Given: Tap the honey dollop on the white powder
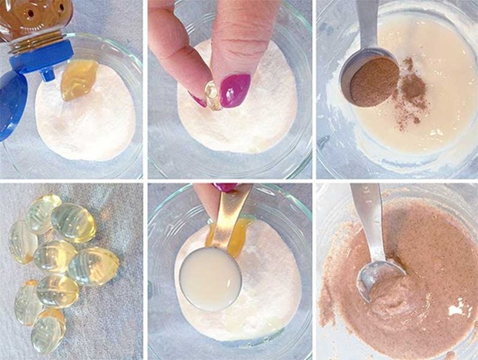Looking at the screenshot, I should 78,79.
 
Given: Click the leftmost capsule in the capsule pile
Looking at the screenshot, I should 22,241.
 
